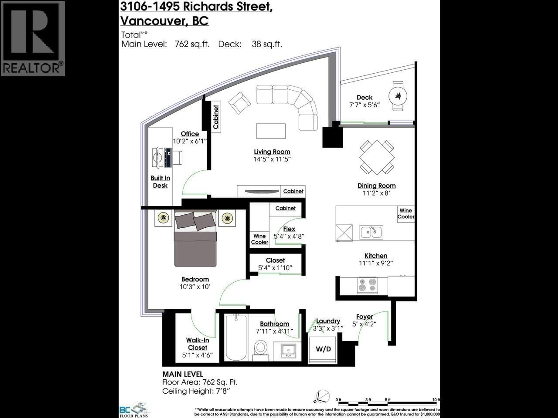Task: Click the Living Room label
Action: point(272,152)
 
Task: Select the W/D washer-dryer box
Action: point(323,349)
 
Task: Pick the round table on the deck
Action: point(398,96)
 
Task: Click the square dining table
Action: point(377,157)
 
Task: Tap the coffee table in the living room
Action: point(271,131)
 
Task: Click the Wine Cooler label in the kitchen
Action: point(406,213)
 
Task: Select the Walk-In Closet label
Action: point(197,344)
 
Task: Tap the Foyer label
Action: point(364,317)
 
